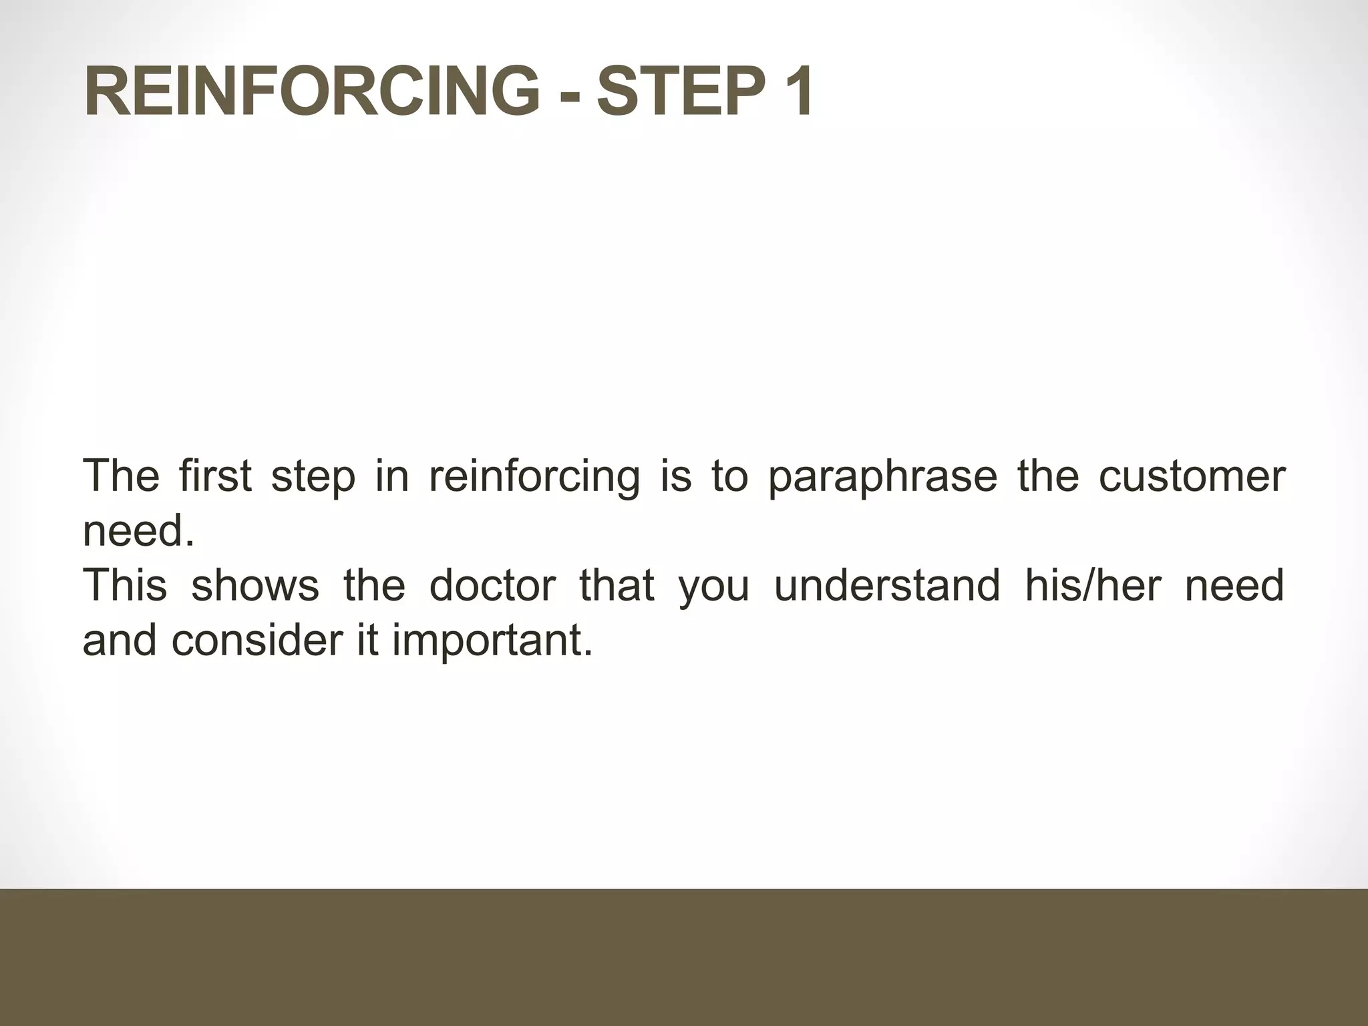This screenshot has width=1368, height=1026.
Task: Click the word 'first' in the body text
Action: pos(215,476)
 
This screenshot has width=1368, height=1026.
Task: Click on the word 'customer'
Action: pos(1192,476)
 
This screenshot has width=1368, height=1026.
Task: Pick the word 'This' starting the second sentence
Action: pos(125,584)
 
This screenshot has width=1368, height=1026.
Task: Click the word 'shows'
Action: pos(255,584)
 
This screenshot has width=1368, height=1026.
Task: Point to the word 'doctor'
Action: pos(492,584)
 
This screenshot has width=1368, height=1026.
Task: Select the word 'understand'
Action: pos(887,584)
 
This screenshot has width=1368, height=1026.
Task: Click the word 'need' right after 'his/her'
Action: pos(1234,584)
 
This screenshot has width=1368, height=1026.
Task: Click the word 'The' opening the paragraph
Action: pos(121,476)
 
